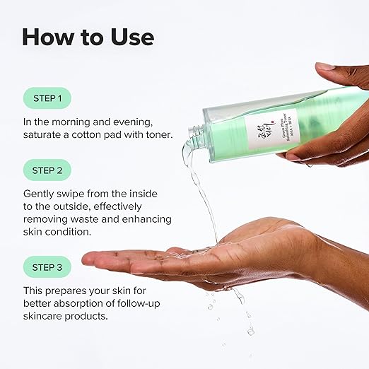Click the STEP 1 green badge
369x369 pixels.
pyautogui.click(x=47, y=98)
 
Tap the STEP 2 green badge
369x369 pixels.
pyautogui.click(x=47, y=170)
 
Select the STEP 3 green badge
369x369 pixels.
pyautogui.click(x=47, y=266)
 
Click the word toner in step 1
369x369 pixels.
pyautogui.click(x=156, y=134)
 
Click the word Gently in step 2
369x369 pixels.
pyautogui.click(x=40, y=193)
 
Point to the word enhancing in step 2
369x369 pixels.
pyautogui.click(x=147, y=220)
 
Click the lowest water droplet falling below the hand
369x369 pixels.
pyautogui.click(x=250, y=330)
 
